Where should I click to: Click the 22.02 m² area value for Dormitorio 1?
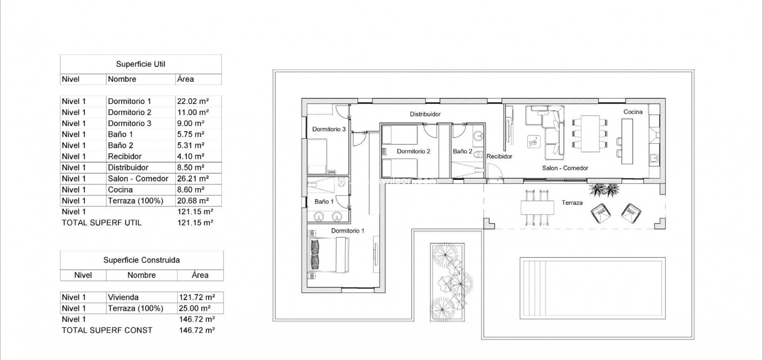[x=192, y=101]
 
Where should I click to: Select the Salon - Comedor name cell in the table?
[x=138, y=178]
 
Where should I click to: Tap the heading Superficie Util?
[x=141, y=64]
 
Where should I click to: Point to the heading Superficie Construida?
[x=142, y=260]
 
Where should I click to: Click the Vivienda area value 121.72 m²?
[x=197, y=297]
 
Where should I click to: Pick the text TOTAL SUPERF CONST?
[x=107, y=330]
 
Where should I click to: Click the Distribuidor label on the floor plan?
[x=425, y=114]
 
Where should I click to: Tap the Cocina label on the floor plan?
[x=633, y=112]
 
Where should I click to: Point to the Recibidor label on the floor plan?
[x=499, y=156]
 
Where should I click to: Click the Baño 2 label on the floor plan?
[x=463, y=151]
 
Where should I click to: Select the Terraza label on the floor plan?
[x=572, y=203]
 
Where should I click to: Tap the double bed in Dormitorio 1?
[x=328, y=255]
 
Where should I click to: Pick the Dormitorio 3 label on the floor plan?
[x=329, y=129]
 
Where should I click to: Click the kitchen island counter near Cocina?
[x=627, y=141]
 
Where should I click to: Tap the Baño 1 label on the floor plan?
[x=324, y=202]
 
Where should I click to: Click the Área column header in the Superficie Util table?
[x=185, y=79]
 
